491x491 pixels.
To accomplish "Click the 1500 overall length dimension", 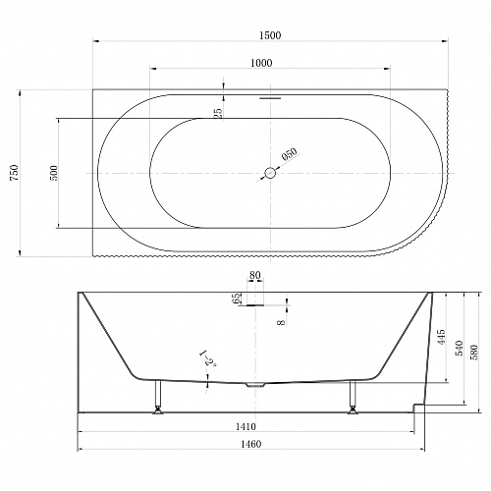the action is click(270, 35).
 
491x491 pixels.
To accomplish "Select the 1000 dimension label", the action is click(261, 63).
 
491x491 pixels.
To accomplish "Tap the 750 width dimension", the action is click(15, 173).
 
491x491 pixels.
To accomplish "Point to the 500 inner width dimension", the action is click(54, 173).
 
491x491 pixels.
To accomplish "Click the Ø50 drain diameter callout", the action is click(289, 154).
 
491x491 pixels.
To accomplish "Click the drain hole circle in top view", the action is click(270, 173).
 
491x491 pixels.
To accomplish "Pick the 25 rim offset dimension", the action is click(218, 112).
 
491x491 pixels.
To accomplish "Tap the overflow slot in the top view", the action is click(270, 98).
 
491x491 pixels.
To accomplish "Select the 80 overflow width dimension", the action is click(255, 276).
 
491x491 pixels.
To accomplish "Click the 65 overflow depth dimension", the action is click(237, 298).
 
